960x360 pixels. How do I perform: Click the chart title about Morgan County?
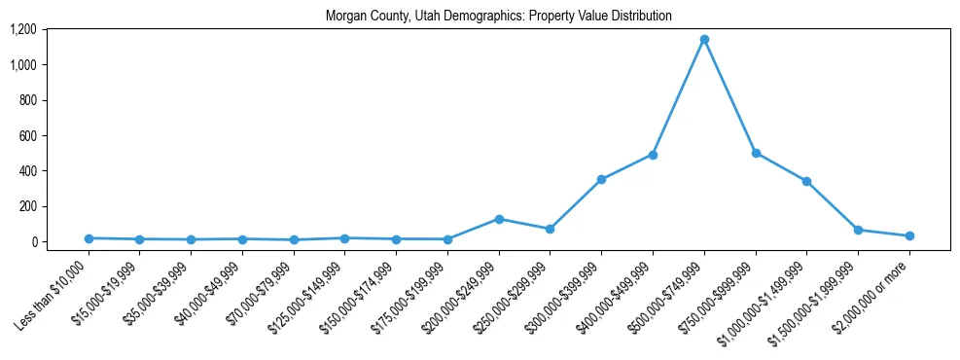click(x=498, y=17)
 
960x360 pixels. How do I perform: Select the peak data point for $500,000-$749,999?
click(x=704, y=40)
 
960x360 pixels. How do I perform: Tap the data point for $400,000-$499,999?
click(x=653, y=155)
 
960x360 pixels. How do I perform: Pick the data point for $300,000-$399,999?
click(x=601, y=179)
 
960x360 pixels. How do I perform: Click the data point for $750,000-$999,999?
click(x=756, y=153)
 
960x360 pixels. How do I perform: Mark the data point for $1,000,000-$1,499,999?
click(x=806, y=181)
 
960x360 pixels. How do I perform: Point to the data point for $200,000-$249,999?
click(x=499, y=219)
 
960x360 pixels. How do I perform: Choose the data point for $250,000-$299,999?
click(x=550, y=229)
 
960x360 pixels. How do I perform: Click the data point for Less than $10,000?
click(x=89, y=238)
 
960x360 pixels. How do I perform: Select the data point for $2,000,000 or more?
click(x=909, y=235)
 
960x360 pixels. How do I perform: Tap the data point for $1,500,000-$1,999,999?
click(x=858, y=230)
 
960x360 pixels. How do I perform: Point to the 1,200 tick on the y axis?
click(x=22, y=29)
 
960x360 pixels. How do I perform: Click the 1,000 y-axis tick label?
click(x=22, y=65)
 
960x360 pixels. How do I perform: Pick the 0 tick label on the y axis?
click(x=33, y=241)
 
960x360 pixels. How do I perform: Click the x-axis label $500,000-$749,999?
click(x=670, y=298)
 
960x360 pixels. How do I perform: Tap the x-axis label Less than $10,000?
click(x=54, y=296)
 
